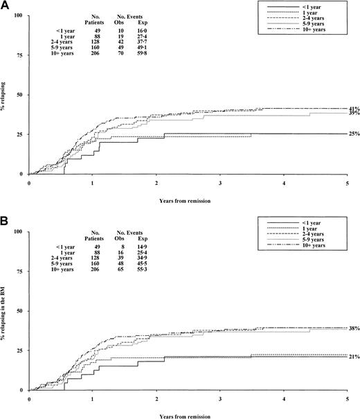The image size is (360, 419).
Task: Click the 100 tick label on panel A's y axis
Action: [x=19, y=15]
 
